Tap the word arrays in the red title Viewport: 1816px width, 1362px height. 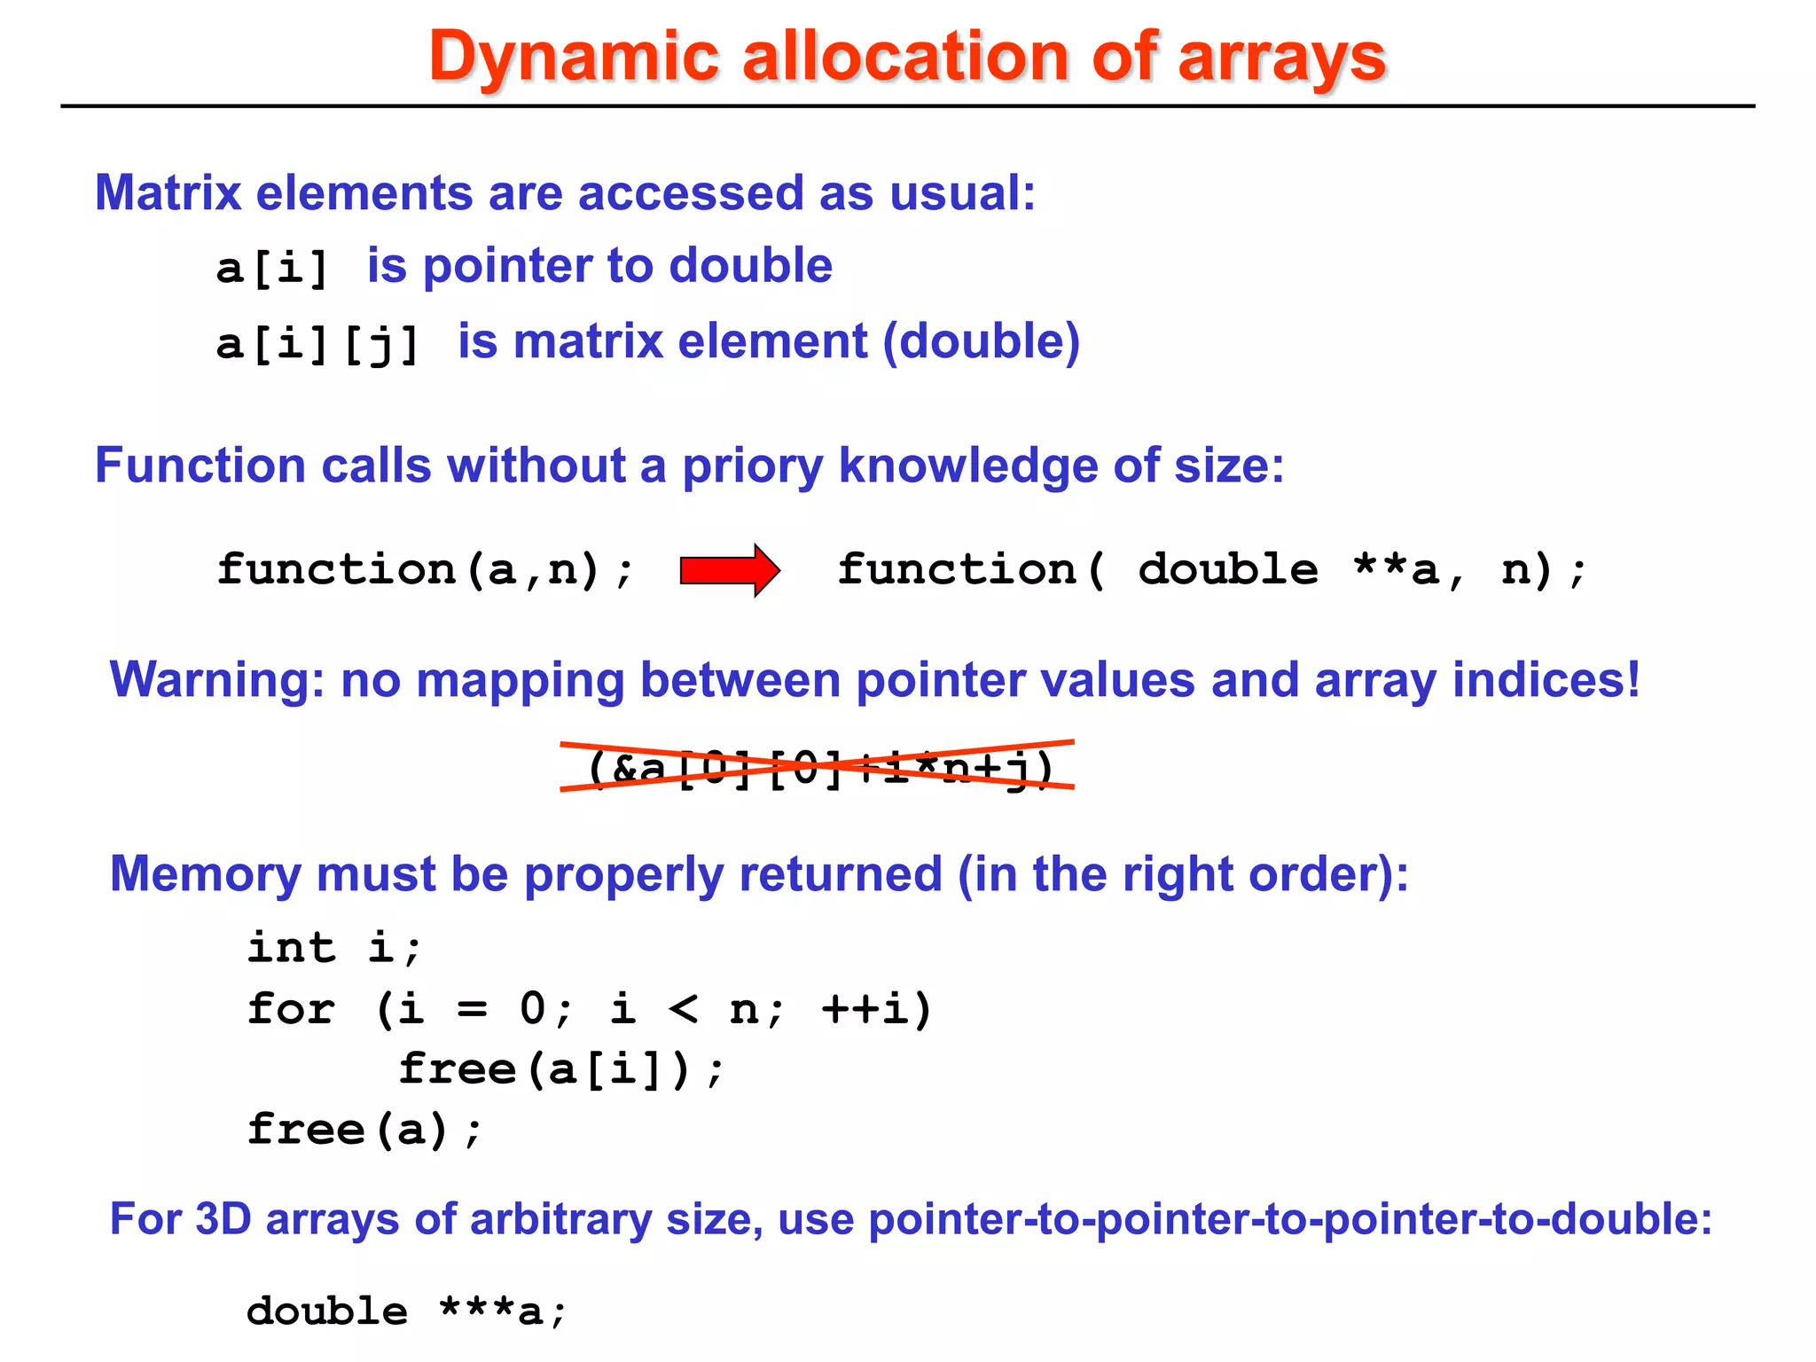[x=1281, y=57]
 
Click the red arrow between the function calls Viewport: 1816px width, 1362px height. [x=729, y=570]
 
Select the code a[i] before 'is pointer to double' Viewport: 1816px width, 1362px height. [x=273, y=268]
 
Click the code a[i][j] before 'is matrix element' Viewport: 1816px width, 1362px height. [x=317, y=343]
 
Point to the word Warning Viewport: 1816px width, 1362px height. [x=217, y=680]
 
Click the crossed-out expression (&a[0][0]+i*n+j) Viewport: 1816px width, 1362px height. [x=818, y=767]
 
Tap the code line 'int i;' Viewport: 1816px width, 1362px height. [x=334, y=947]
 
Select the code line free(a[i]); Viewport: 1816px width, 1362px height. [x=561, y=1068]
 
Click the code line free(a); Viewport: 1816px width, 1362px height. [x=364, y=1130]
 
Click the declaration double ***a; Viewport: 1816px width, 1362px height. [x=406, y=1311]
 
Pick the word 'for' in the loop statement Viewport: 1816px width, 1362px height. [x=291, y=1009]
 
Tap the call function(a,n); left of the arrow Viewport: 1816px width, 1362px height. [x=426, y=569]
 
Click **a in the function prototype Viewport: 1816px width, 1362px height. [x=1396, y=569]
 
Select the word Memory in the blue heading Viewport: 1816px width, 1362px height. [x=206, y=874]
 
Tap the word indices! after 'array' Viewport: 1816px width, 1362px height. [x=1546, y=680]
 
